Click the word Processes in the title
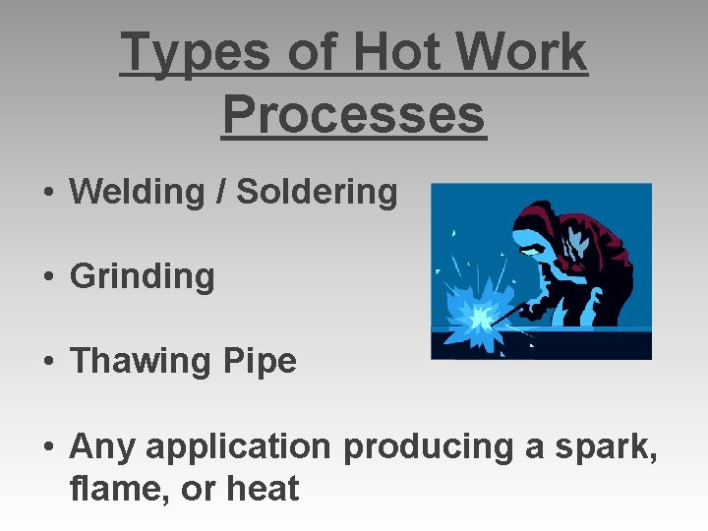click(354, 115)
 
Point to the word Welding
click(138, 192)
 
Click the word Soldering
click(317, 192)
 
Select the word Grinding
click(142, 276)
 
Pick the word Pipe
click(260, 362)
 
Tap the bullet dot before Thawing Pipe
click(48, 363)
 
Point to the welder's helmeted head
click(537, 228)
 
